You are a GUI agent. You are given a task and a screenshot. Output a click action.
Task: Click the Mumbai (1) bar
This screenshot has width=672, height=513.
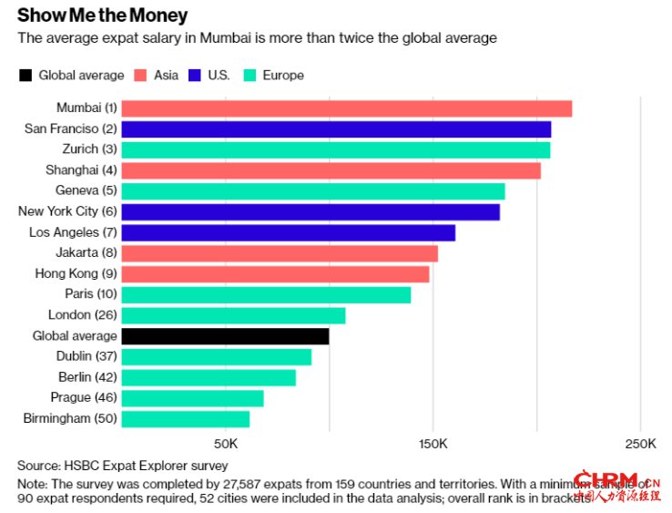346,108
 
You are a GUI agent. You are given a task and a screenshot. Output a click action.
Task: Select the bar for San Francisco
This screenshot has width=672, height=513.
336,129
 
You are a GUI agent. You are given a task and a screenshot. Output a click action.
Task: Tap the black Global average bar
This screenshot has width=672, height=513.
225,336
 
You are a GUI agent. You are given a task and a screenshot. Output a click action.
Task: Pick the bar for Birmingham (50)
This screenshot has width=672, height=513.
185,419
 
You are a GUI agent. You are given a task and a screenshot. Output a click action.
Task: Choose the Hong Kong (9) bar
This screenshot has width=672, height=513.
275,274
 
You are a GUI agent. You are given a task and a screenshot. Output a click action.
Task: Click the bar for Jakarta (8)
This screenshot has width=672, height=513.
280,253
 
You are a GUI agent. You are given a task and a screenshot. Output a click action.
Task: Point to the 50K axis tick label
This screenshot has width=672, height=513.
225,445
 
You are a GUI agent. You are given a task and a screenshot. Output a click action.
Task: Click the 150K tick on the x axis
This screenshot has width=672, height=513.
433,445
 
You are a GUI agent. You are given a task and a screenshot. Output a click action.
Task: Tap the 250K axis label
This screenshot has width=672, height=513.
640,445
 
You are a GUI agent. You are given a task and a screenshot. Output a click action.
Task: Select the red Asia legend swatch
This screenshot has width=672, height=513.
142,76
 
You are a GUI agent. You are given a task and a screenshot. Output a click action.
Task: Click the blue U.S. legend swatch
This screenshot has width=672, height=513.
196,76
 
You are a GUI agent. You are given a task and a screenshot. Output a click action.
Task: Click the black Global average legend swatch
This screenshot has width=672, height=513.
25,76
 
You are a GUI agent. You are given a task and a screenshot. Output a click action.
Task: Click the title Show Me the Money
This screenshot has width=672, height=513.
103,15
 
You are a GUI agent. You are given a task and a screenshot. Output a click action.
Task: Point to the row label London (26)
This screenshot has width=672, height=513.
82,315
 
